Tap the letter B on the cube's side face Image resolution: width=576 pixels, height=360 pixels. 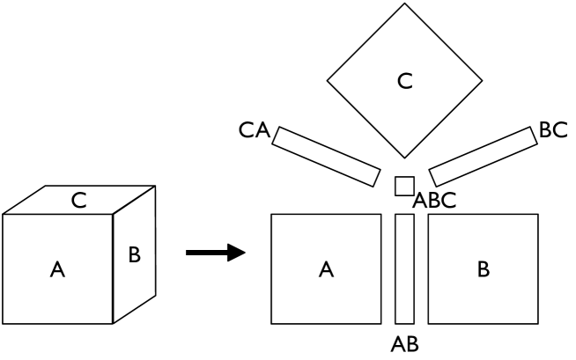tap(134, 255)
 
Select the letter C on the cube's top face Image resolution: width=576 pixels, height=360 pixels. tap(78, 201)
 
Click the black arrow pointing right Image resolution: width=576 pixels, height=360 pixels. tap(215, 253)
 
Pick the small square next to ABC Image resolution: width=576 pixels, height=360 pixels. tap(404, 186)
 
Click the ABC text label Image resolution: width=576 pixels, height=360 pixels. tap(435, 200)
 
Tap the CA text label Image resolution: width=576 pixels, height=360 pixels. tap(254, 132)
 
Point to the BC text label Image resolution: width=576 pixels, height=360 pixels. tap(553, 130)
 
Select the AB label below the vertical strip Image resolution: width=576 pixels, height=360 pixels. tap(404, 343)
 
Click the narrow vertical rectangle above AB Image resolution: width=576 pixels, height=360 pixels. tap(404, 268)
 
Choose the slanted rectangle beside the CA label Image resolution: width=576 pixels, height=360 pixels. tap(326, 155)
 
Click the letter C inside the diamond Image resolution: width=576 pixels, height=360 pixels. tap(404, 82)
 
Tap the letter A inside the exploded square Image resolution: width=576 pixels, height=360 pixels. tap(326, 269)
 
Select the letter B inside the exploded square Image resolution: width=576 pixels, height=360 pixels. tap(483, 269)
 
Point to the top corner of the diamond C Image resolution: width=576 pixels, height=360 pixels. tap(404, 5)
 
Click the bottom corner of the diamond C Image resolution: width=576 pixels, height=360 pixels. tap(404, 160)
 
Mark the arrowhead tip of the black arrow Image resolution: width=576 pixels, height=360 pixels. tap(244, 253)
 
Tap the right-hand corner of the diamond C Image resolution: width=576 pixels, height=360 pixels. tap(482, 83)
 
